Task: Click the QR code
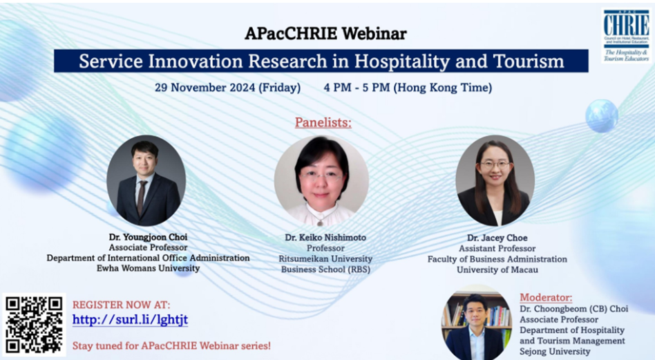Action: tap(34, 325)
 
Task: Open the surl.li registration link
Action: tap(130, 320)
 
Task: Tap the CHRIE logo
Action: tap(626, 35)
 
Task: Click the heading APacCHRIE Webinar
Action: tap(325, 33)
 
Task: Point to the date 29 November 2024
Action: tap(205, 87)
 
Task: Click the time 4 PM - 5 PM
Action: tap(357, 87)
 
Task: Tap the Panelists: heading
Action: tap(323, 122)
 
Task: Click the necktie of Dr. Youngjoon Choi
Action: tap(142, 197)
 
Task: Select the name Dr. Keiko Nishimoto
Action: tap(325, 237)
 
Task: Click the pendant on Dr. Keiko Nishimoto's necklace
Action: tap(321, 222)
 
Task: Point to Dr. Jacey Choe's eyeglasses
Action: tap(495, 165)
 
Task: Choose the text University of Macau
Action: tap(497, 269)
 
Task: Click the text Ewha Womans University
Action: tap(149, 268)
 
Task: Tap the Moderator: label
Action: tap(546, 297)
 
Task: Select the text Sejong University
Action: tap(555, 352)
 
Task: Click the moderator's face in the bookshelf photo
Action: tap(475, 311)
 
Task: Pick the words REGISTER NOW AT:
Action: tap(121, 305)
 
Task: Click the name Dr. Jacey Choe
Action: tap(497, 238)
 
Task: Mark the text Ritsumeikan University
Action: tap(325, 259)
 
